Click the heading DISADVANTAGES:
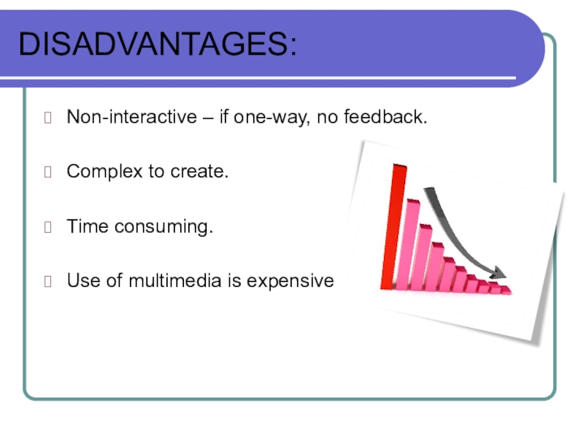point(158,44)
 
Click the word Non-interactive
point(131,117)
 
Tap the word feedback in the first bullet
point(385,117)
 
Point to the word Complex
point(104,172)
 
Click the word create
point(199,172)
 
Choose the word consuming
point(164,227)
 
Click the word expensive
point(290,282)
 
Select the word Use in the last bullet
point(83,280)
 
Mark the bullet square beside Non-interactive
point(47,118)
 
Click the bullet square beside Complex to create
point(47,172)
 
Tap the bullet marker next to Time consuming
point(47,227)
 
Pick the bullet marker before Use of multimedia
point(47,281)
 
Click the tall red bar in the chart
point(393,226)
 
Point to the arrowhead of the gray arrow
point(499,272)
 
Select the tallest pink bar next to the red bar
point(407,245)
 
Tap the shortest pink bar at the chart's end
point(506,290)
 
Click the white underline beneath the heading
point(258,78)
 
